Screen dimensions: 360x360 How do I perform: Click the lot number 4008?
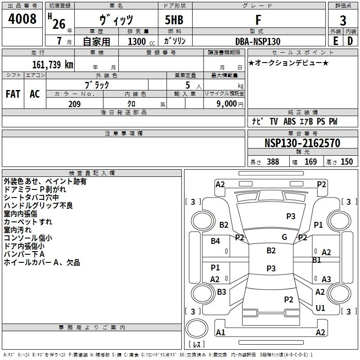(22, 19)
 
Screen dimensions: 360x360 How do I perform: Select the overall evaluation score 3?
(343, 21)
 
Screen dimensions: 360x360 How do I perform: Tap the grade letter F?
(258, 20)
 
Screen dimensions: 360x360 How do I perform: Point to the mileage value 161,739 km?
(53, 64)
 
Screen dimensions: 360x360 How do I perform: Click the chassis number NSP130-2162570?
(302, 143)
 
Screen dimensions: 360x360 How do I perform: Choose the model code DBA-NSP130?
(258, 41)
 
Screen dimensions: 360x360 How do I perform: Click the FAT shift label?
(13, 94)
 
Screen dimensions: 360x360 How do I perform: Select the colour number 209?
(74, 104)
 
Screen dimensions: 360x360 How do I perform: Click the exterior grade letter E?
(335, 41)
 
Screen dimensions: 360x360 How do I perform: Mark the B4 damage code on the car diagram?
(216, 241)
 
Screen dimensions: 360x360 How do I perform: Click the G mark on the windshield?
(284, 237)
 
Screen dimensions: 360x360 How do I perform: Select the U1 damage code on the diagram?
(320, 308)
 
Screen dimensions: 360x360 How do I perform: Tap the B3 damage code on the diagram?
(221, 292)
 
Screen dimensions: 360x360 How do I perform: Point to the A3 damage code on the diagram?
(326, 279)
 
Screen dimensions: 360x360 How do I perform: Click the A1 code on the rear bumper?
(220, 333)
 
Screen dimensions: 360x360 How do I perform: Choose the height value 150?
(346, 162)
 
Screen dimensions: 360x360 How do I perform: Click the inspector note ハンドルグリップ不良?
(38, 206)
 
